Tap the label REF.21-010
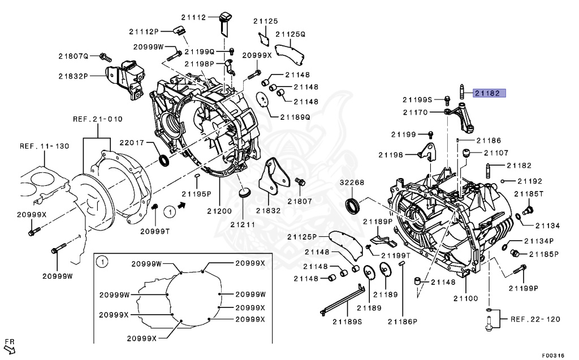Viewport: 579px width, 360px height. [97, 119]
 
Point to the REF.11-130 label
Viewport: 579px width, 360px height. [45, 146]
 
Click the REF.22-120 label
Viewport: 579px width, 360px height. [534, 319]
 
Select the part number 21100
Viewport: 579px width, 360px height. [465, 298]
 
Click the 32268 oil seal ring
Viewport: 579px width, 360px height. [352, 206]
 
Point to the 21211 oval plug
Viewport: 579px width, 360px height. [244, 194]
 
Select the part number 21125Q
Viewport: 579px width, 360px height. [289, 34]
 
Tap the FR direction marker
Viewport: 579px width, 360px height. [10, 344]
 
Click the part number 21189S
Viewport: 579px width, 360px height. [347, 322]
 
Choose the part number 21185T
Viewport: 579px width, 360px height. [529, 194]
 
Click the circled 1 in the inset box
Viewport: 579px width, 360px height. [102, 262]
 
